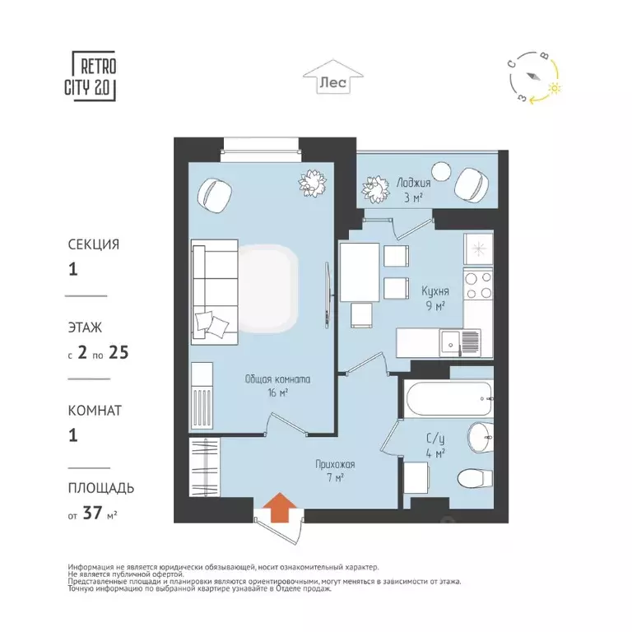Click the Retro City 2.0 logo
[91, 76]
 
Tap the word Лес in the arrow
[333, 82]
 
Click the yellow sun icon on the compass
[555, 88]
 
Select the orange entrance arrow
[281, 507]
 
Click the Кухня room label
[434, 291]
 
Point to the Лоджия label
[413, 183]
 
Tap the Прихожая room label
[335, 465]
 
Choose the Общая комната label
[277, 379]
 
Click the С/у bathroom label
[435, 439]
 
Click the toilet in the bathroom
[476, 478]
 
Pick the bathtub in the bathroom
[449, 398]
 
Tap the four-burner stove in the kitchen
[478, 285]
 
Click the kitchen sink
[460, 343]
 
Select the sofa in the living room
[215, 292]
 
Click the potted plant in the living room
[313, 183]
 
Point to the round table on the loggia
[440, 172]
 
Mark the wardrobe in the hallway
[205, 467]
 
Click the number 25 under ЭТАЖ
[118, 353]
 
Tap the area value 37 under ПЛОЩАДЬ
[92, 513]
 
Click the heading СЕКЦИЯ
[94, 244]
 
